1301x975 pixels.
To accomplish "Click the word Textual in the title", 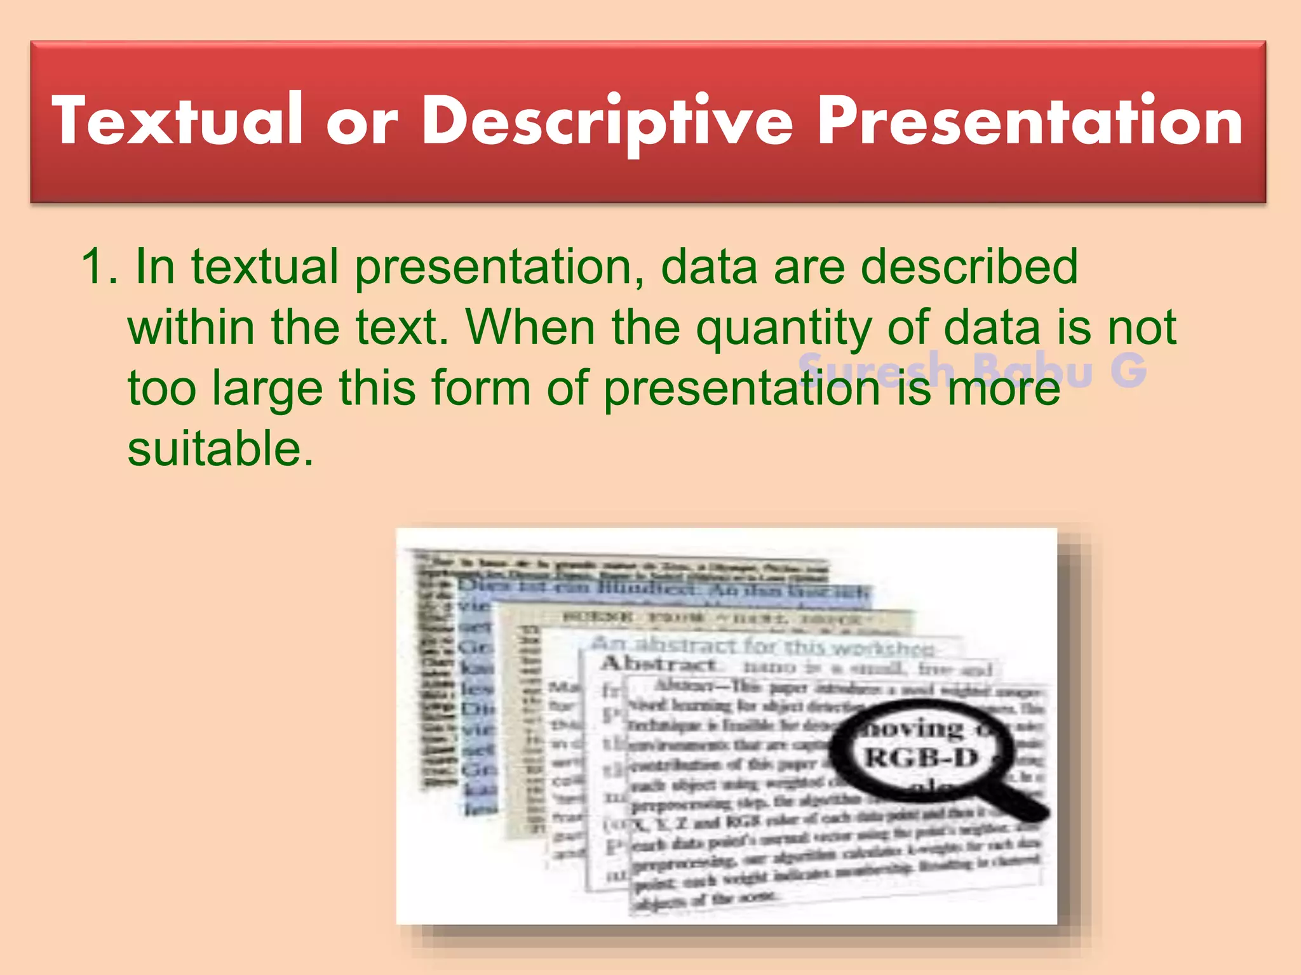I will (179, 121).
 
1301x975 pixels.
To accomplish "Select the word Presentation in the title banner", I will (1030, 121).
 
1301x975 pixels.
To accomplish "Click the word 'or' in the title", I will (362, 124).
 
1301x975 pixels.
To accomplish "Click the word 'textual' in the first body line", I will (264, 267).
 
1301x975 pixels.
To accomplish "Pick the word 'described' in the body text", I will (969, 267).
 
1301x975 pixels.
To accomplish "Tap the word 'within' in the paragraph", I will (191, 328).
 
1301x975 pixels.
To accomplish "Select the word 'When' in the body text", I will (531, 328).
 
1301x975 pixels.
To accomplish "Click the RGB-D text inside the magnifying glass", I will (921, 758).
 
